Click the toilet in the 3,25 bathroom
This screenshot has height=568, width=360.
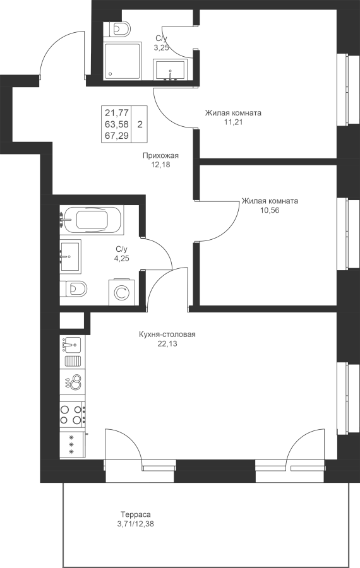pos(117,28)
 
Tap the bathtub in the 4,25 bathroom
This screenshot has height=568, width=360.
pos(92,220)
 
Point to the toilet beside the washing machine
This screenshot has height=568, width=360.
pos(74,288)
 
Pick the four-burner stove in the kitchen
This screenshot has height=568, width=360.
pos(73,415)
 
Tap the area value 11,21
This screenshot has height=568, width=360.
pos(233,122)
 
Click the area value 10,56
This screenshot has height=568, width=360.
pos(270,210)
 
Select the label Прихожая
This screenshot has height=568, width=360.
pos(160,155)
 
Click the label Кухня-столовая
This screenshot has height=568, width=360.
pos(167,334)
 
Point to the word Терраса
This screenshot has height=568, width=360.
pos(136,514)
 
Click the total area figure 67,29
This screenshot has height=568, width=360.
pos(117,136)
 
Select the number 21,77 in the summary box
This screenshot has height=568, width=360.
pos(117,112)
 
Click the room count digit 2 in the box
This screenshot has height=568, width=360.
pos(140,124)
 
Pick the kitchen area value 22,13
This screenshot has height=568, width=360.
pos(167,344)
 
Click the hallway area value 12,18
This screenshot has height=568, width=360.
pos(160,165)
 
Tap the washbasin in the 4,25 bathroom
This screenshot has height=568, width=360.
pos(70,257)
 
